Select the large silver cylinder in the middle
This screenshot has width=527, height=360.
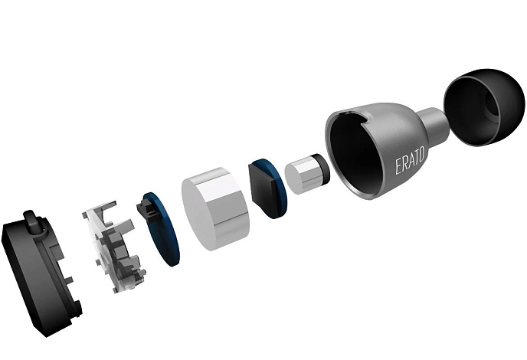click(215, 209)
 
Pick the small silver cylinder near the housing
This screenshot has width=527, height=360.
click(306, 175)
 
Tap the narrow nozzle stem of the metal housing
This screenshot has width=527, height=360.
click(434, 123)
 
